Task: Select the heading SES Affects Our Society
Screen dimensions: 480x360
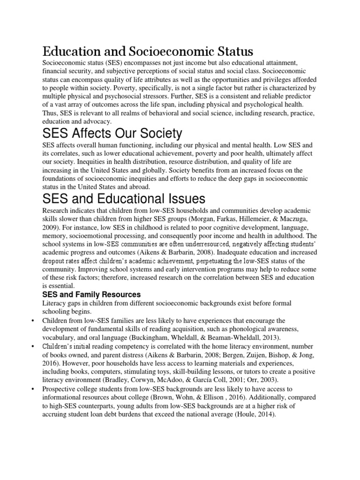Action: point(112,134)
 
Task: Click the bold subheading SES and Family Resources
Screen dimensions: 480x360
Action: point(91,294)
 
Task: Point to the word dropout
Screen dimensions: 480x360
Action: point(55,261)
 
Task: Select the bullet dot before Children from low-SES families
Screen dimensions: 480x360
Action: point(32,320)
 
